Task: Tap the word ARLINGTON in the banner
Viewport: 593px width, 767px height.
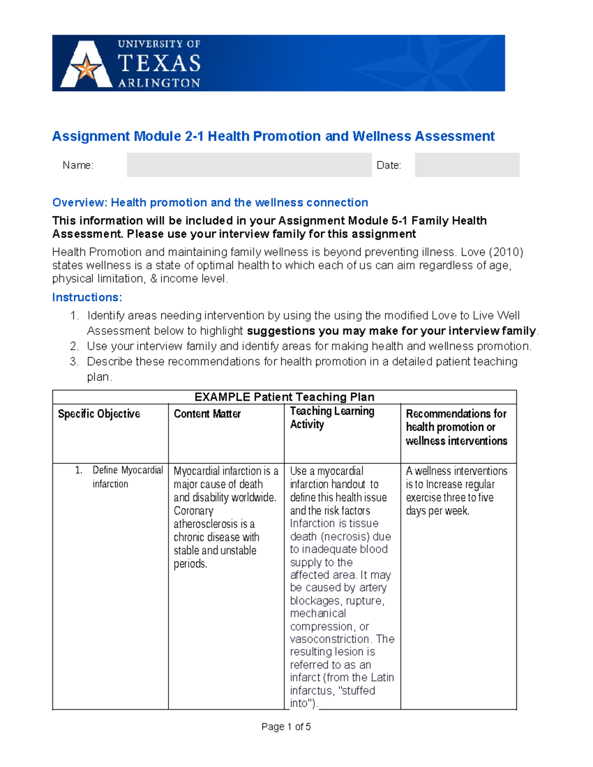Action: click(x=159, y=83)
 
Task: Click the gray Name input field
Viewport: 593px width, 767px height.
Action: click(x=249, y=165)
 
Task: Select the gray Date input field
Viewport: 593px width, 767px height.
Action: click(x=466, y=165)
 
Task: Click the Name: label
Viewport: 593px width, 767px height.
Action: click(x=78, y=165)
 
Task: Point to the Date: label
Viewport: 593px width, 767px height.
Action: click(x=388, y=165)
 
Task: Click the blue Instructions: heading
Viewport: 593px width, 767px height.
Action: click(x=87, y=297)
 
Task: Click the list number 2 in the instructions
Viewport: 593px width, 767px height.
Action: click(x=74, y=346)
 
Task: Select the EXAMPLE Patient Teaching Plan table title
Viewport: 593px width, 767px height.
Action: click(x=284, y=397)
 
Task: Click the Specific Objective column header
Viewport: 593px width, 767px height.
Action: click(x=99, y=414)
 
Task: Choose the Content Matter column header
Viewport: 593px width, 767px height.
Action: click(x=207, y=414)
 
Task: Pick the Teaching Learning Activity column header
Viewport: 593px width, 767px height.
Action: click(x=332, y=418)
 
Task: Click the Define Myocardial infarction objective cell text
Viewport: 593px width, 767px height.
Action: click(x=127, y=477)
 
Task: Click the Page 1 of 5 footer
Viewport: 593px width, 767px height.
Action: click(x=286, y=727)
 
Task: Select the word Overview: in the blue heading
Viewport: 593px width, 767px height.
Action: click(x=80, y=202)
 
